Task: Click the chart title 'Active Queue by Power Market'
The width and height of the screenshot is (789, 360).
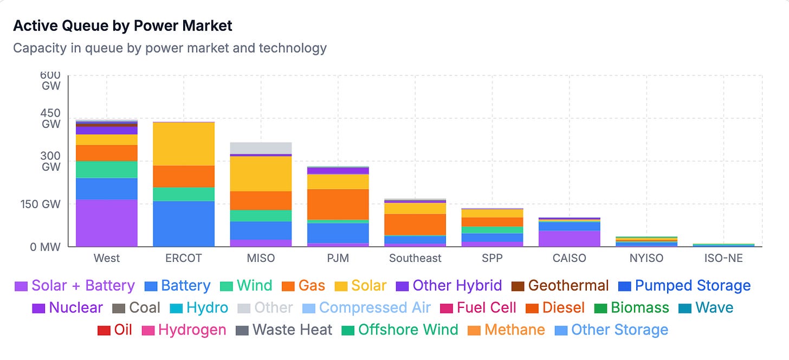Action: [122, 25]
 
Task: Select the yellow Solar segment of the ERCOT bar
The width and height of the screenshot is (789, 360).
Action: [184, 144]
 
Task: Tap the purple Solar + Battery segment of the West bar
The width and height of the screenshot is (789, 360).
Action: [107, 223]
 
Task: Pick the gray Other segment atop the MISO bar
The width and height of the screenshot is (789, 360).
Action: [261, 148]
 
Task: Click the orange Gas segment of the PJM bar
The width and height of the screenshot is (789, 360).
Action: [338, 204]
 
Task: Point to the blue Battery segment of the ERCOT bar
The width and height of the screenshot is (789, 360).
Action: [184, 224]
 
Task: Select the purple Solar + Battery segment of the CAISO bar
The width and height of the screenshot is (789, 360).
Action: [569, 239]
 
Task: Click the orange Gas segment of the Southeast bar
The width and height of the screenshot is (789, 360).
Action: [415, 224]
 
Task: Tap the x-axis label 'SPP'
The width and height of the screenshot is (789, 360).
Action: [492, 258]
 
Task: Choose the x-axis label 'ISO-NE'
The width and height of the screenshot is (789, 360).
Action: [723, 258]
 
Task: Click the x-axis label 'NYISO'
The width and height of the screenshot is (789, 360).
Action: [646, 258]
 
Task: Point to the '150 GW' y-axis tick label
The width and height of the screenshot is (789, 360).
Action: [40, 204]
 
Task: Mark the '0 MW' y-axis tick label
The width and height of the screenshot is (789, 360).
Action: [45, 247]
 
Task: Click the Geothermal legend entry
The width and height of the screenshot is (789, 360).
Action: [560, 286]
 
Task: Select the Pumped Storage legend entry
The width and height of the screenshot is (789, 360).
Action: [684, 286]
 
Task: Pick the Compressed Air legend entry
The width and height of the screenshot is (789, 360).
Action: [366, 308]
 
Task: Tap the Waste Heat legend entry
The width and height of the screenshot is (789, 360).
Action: [284, 330]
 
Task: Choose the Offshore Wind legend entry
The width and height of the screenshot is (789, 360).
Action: [400, 330]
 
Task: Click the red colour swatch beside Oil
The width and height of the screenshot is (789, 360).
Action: [104, 331]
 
